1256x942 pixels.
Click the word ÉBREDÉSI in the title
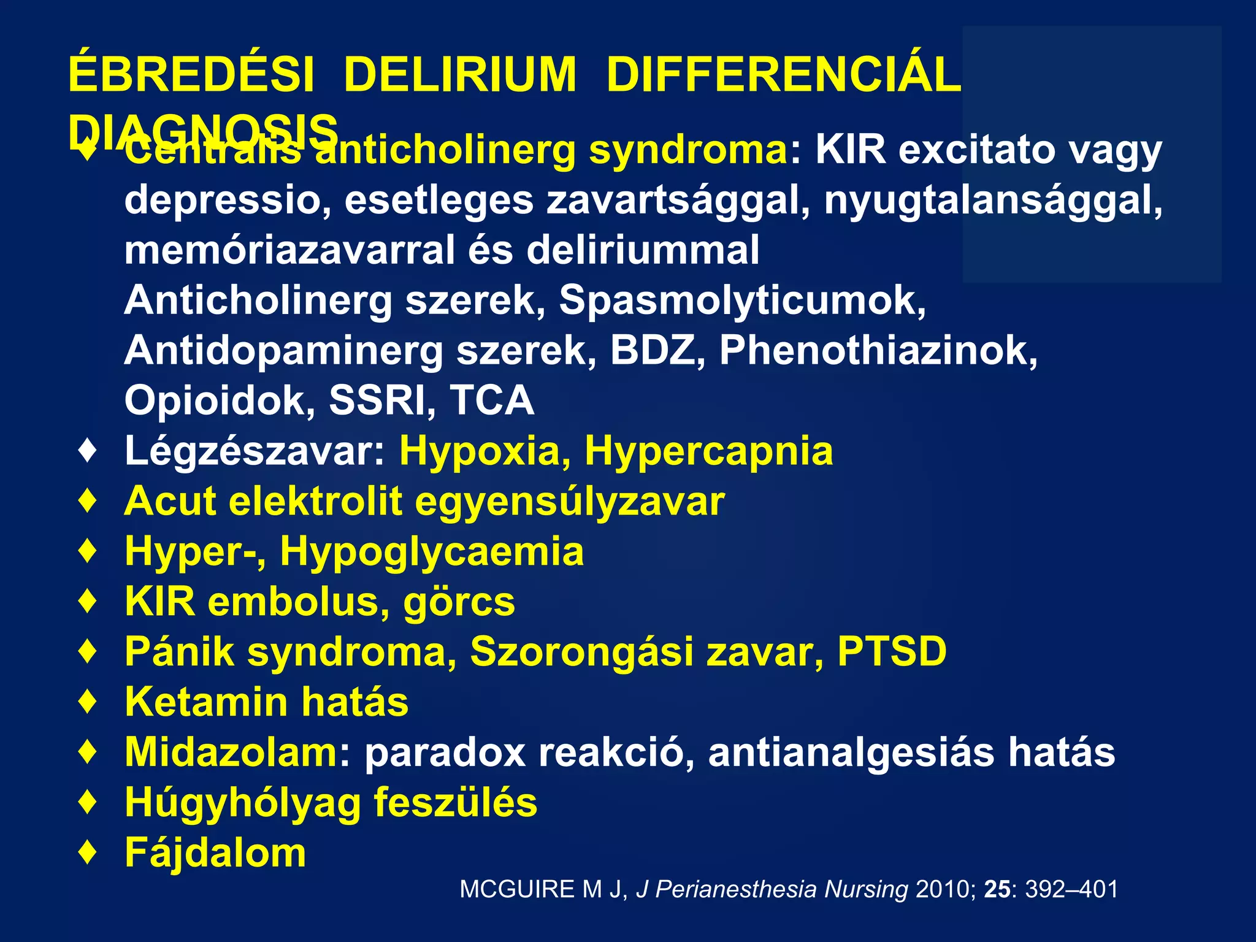(x=191, y=75)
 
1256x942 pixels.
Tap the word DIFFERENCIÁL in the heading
(x=783, y=75)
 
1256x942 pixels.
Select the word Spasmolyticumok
(x=742, y=300)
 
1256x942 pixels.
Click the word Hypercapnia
(x=709, y=451)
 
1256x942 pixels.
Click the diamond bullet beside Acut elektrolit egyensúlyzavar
(x=88, y=501)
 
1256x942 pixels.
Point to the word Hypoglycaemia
(x=432, y=551)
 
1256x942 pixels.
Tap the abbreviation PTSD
(x=892, y=651)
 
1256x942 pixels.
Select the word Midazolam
(x=231, y=752)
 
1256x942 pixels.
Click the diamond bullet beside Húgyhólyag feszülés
(x=88, y=802)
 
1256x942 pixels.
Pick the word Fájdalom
(x=215, y=852)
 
